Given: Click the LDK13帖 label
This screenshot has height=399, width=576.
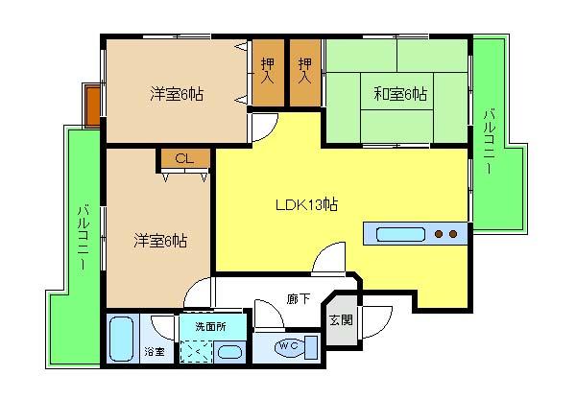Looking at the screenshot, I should tap(306, 204).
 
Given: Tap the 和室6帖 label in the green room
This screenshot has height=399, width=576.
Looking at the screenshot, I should tap(400, 94).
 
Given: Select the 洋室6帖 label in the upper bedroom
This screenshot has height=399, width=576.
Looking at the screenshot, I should tap(176, 94).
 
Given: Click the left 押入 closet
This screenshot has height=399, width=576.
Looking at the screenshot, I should tap(268, 73).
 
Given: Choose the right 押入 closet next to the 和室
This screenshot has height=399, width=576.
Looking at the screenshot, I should tap(305, 73).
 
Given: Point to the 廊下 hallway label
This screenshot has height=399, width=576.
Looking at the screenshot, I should tap(298, 299).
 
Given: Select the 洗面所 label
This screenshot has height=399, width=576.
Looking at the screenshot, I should tap(208, 326).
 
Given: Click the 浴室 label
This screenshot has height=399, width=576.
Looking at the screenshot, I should tap(154, 352).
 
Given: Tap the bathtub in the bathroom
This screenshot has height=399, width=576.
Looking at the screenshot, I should tap(122, 340).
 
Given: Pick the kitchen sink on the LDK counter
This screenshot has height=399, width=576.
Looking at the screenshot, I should tap(397, 233).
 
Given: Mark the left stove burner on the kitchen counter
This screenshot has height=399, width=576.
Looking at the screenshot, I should tap(439, 233).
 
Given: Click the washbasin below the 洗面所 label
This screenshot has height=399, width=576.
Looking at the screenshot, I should tap(230, 350).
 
